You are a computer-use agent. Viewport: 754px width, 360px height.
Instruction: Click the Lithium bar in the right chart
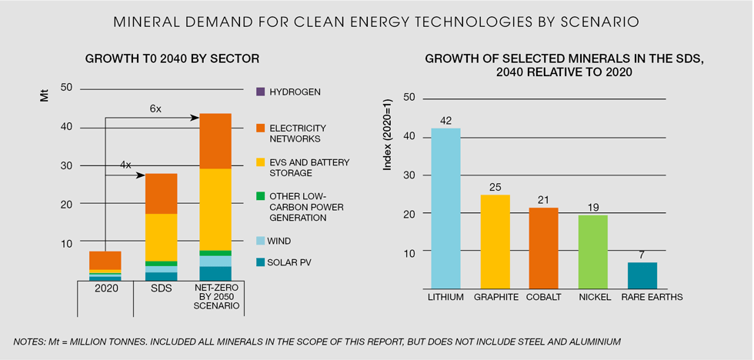point(445,208)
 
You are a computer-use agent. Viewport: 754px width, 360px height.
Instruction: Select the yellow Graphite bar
point(495,242)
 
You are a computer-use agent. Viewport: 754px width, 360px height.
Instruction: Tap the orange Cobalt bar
point(544,249)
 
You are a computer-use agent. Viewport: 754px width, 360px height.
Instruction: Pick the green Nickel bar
point(592,253)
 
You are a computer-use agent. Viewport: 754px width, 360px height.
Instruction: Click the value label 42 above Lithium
point(445,120)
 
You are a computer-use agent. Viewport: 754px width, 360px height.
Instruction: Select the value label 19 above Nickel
point(592,207)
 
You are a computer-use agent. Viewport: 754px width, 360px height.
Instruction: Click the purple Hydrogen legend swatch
point(260,92)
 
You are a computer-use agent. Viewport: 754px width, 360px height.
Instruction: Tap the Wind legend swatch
point(260,242)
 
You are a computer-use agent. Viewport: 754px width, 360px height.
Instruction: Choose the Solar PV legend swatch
point(260,263)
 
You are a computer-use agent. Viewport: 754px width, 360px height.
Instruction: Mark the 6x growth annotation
point(155,109)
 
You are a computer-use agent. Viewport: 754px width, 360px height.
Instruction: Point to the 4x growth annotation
point(125,165)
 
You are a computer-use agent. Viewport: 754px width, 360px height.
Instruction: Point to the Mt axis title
point(44,99)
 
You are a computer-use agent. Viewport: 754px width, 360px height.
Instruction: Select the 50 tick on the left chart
point(65,88)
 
